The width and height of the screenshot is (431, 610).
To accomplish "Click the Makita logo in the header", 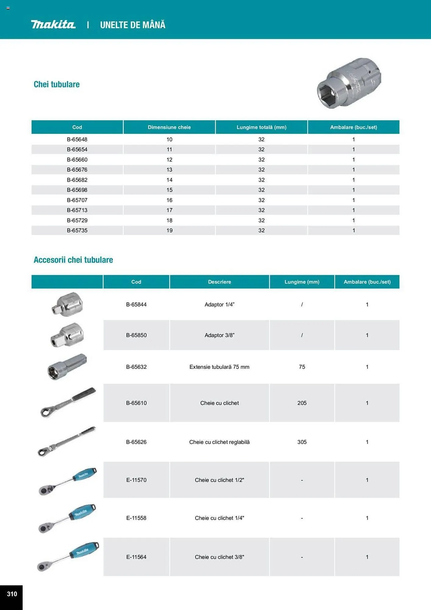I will (53, 24).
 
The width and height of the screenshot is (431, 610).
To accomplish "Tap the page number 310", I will (12, 594).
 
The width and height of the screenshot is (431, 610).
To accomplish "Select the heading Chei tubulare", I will (57, 84).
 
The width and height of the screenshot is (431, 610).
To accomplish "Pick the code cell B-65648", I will (77, 139).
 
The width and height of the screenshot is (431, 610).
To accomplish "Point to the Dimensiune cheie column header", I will (169, 127).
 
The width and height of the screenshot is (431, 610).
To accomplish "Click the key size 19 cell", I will (169, 230).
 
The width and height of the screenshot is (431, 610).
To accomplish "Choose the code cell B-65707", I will (77, 200).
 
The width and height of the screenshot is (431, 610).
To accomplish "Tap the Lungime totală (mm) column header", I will (261, 127).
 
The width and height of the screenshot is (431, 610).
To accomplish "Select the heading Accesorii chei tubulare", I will (73, 260).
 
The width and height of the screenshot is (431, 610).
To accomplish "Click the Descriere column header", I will (219, 282).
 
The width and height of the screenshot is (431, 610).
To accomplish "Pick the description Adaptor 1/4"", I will (219, 304).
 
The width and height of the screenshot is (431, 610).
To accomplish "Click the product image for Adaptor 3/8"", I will (67, 335).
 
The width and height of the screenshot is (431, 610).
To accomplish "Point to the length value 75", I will (302, 367).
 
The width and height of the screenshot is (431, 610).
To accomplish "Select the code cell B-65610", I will (136, 403).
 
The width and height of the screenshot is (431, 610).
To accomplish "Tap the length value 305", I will (302, 442).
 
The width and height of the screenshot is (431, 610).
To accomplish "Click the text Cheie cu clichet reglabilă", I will (219, 442).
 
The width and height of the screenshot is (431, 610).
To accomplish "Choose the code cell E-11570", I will (136, 480).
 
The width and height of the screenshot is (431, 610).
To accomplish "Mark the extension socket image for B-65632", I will (67, 367).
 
